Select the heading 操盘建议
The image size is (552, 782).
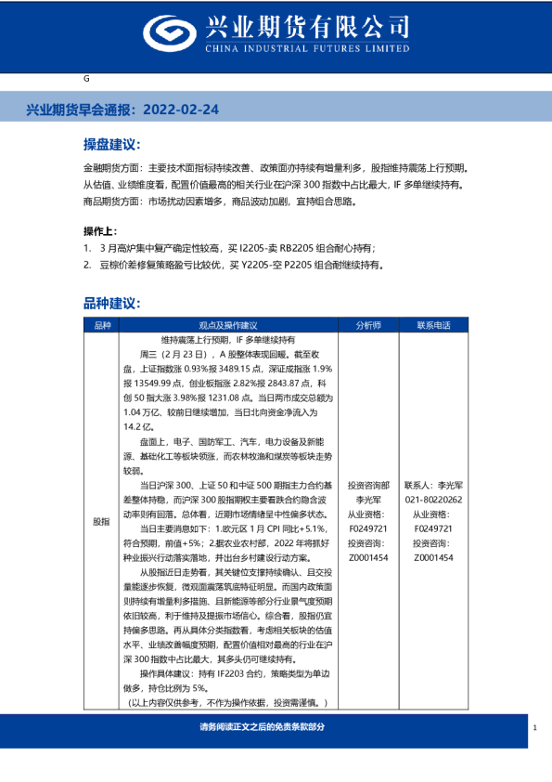111,146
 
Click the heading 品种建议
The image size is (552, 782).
111,304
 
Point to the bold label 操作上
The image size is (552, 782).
100,230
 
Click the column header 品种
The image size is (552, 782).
102,326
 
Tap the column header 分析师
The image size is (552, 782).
367,326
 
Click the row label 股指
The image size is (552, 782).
102,522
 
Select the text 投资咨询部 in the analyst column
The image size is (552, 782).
367,485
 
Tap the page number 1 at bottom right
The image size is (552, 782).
535,728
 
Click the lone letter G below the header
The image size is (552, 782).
86,79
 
